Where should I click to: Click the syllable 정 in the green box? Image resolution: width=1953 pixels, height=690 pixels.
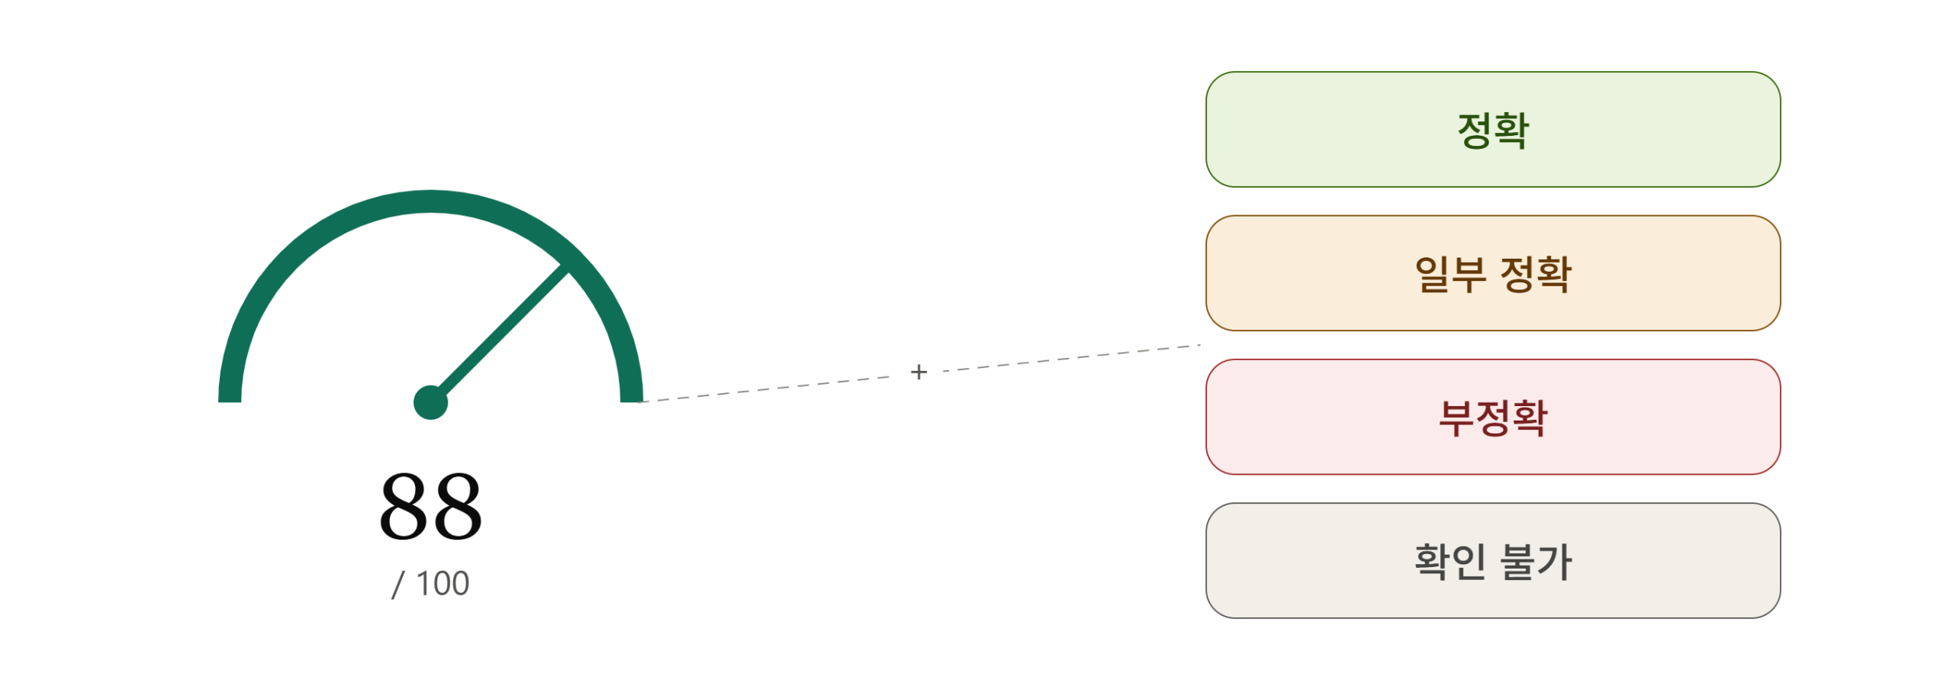(1474, 130)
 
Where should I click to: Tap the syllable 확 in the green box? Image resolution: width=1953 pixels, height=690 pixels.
(1511, 130)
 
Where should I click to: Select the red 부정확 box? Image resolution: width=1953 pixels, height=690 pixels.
(1493, 417)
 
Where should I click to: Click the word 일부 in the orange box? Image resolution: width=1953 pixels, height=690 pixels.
(1450, 273)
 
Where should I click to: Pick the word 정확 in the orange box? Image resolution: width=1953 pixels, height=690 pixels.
(1536, 273)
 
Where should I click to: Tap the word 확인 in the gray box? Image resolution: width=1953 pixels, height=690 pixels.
(1450, 561)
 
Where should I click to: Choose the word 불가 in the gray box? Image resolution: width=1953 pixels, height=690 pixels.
(1536, 561)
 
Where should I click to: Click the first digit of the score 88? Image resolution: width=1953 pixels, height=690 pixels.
(404, 505)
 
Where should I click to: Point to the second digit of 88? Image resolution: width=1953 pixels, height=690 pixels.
(457, 505)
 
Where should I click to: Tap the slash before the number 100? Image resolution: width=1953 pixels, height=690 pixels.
(397, 584)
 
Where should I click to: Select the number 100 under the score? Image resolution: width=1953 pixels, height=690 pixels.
(442, 584)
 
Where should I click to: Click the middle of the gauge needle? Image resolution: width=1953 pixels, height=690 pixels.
(500, 334)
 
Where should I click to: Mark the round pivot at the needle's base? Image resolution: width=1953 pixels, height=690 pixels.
(430, 402)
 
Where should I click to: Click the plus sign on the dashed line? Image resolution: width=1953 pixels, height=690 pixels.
(919, 372)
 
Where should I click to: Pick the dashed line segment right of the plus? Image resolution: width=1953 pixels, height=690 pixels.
(1071, 358)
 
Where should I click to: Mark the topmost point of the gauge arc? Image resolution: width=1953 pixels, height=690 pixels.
(430, 202)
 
